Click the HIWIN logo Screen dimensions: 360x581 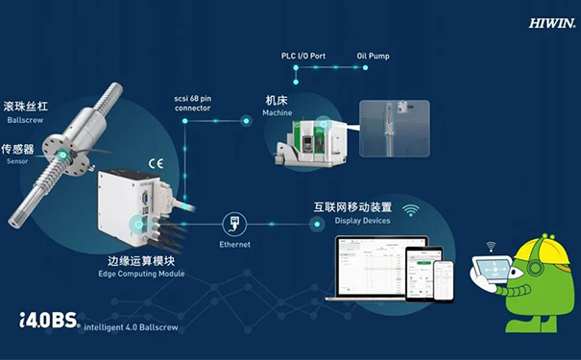551,20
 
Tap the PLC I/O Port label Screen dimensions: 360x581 304,57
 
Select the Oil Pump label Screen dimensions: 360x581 373,57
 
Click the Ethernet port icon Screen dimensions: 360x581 234,225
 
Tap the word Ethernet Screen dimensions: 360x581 234,245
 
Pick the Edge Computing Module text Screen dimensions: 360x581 141,275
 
